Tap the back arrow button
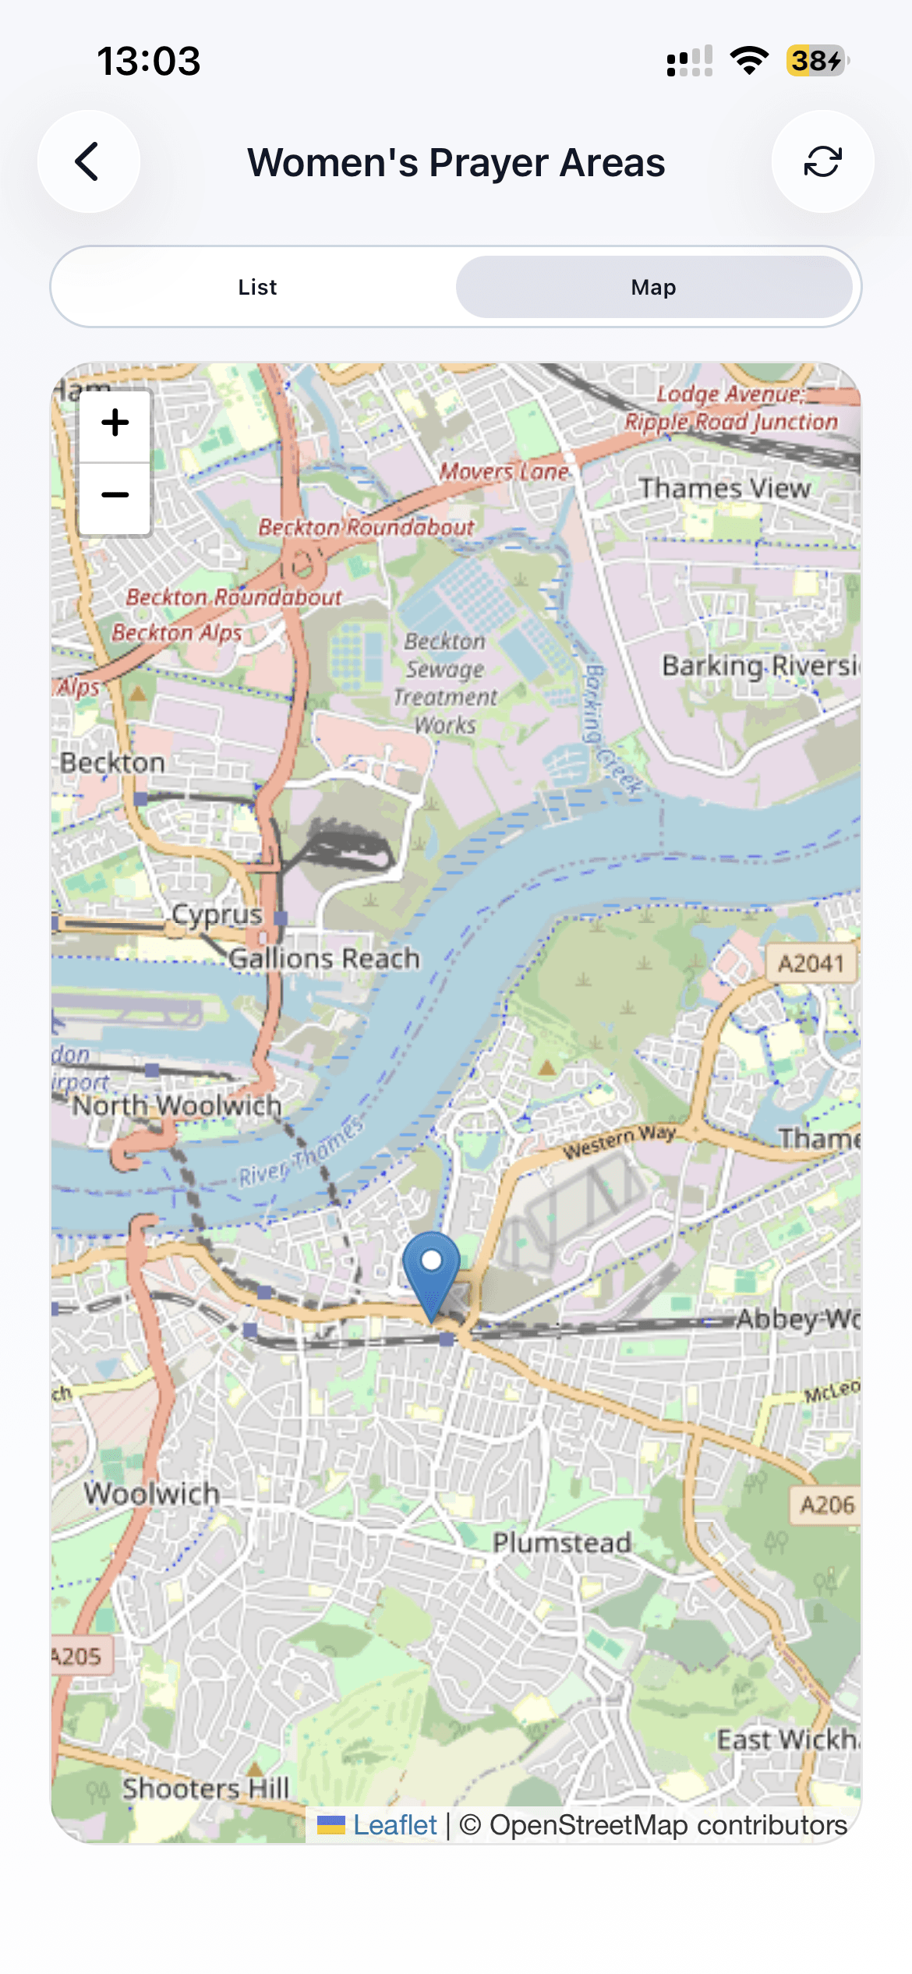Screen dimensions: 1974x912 88,161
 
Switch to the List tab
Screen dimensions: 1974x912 257,287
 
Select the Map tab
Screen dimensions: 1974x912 653,287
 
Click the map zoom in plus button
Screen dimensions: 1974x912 115,423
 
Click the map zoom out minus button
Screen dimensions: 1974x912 115,495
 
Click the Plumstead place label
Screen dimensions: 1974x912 561,1542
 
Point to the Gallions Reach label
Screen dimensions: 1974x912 324,958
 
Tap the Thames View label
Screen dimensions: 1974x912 725,488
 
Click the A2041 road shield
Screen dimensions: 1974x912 811,964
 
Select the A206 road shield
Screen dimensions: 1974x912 827,1504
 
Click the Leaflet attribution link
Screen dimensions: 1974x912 394,1825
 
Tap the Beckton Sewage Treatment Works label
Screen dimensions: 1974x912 445,683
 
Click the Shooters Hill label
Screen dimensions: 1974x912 206,1788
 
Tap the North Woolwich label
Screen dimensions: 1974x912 177,1105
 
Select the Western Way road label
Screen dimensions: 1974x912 620,1141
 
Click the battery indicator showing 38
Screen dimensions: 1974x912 816,61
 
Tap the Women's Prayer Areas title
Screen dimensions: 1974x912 456,162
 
